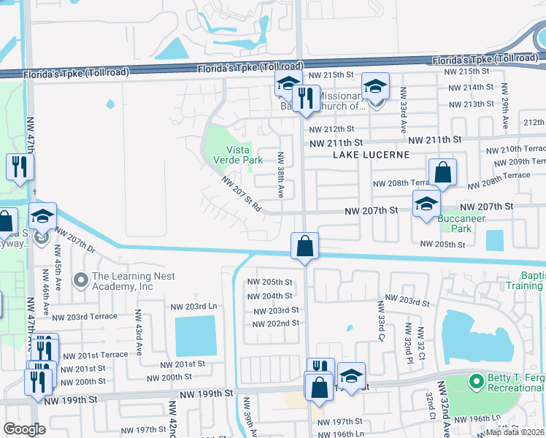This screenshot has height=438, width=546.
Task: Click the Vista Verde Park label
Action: pyautogui.click(x=237, y=154)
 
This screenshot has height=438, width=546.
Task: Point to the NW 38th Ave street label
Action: pyautogui.click(x=280, y=174)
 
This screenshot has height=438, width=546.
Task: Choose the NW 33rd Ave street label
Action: pyautogui.click(x=402, y=110)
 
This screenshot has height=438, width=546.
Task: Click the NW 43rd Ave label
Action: pyautogui.click(x=136, y=331)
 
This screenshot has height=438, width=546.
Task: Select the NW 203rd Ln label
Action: pyautogui.click(x=193, y=307)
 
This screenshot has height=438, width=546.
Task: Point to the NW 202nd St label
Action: pyautogui.click(x=274, y=323)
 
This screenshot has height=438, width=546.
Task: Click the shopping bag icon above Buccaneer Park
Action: pyautogui.click(x=442, y=174)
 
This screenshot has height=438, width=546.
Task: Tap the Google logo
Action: pyautogui.click(x=25, y=429)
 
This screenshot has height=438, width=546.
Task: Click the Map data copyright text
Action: pyautogui.click(x=515, y=432)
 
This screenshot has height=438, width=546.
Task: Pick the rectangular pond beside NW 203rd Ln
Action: pyautogui.click(x=196, y=337)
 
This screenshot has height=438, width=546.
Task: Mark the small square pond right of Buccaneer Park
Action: pyautogui.click(x=494, y=240)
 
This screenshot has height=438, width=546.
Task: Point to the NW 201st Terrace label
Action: pyautogui.click(x=95, y=355)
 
